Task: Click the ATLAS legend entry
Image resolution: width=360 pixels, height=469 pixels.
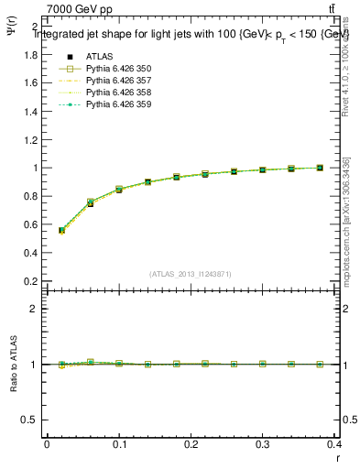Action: (x=99, y=56)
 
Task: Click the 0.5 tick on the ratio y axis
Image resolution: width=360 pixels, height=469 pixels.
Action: (x=33, y=420)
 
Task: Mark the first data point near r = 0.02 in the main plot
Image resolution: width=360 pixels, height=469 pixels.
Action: (x=61, y=231)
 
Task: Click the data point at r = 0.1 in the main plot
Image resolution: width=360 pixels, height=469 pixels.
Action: (x=119, y=190)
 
